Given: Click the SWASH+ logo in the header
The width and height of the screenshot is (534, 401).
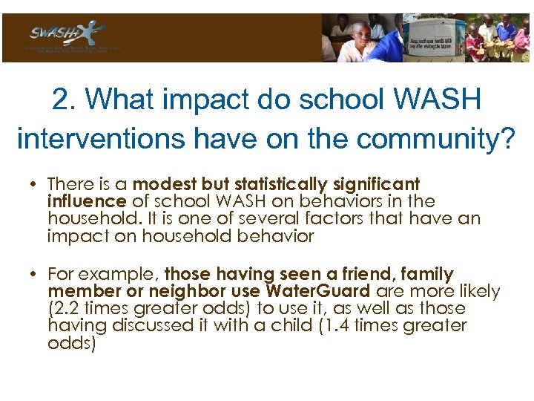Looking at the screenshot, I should [x=67, y=36].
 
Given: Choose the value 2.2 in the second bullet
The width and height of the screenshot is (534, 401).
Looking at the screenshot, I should [x=64, y=309].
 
